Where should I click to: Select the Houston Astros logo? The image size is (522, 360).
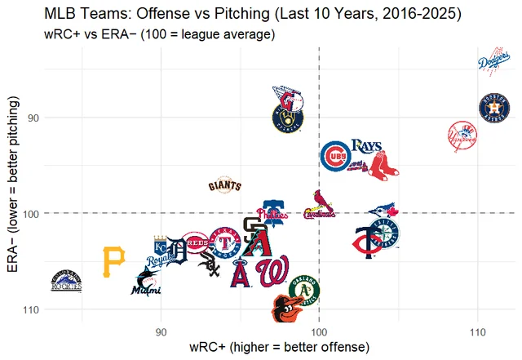point(495,109)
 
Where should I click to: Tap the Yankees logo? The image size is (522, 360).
point(462,136)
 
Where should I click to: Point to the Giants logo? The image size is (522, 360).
point(223,185)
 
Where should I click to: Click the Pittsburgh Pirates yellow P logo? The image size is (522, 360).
point(114,260)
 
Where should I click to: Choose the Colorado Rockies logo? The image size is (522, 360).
point(67,281)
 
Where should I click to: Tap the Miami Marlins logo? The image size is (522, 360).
point(147,282)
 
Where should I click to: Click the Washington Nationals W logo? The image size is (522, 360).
point(272,272)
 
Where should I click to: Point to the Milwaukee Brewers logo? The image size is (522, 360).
point(288,120)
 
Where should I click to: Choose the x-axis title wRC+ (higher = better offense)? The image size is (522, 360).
point(280,348)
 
